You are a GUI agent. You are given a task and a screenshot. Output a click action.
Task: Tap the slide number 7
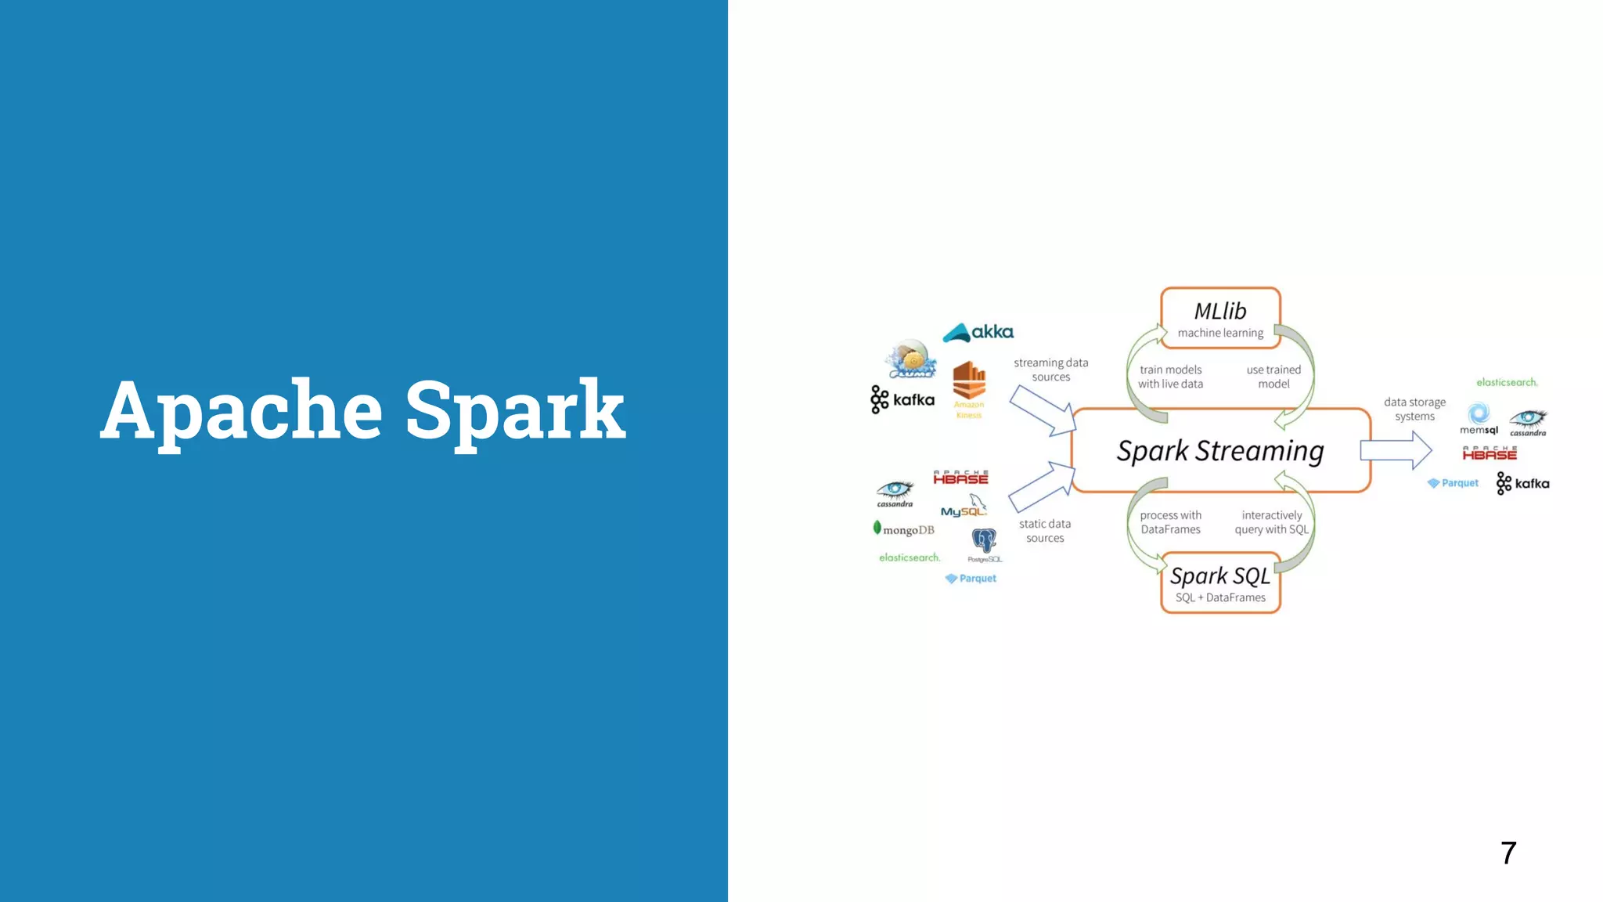(1508, 853)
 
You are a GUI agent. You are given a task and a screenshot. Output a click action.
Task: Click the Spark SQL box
(1220, 583)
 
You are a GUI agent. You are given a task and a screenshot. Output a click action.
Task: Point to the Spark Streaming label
(1220, 451)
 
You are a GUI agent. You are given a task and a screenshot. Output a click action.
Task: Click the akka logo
(978, 333)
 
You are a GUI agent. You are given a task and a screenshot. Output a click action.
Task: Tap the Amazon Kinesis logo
(969, 388)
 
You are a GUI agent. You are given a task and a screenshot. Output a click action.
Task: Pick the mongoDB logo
(904, 530)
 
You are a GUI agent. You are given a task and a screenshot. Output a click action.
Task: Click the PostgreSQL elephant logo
(984, 543)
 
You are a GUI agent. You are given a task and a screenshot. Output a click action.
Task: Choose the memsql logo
(1479, 419)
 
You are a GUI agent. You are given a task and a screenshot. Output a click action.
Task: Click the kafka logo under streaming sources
(902, 399)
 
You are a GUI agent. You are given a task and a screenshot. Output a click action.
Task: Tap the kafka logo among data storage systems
(1522, 483)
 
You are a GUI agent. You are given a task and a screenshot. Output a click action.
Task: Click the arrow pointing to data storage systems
(1396, 451)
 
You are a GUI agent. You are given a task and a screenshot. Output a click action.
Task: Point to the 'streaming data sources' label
(1050, 370)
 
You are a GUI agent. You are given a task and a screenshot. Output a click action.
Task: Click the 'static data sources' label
(1045, 531)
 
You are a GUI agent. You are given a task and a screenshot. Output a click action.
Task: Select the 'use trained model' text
(1273, 377)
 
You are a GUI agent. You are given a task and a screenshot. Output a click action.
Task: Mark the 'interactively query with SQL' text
(1272, 522)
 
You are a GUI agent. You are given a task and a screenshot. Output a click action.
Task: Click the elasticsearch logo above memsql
(1507, 382)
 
